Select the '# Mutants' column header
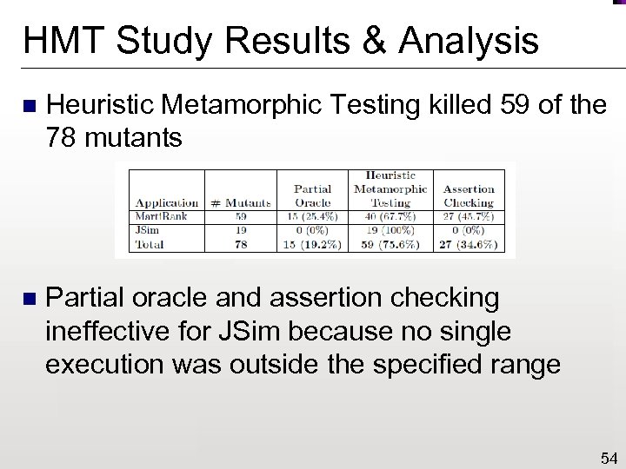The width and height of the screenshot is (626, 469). click(241, 202)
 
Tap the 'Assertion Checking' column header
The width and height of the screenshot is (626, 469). click(469, 195)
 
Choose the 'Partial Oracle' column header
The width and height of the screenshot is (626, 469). click(312, 195)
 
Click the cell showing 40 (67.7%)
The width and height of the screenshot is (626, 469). click(390, 217)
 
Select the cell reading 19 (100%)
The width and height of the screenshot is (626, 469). click(390, 231)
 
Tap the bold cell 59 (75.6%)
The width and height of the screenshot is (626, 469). click(390, 245)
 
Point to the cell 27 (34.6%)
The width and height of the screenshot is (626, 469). click(469, 245)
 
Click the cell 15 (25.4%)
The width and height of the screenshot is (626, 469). click(312, 217)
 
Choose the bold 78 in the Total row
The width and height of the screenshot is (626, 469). click(241, 245)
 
